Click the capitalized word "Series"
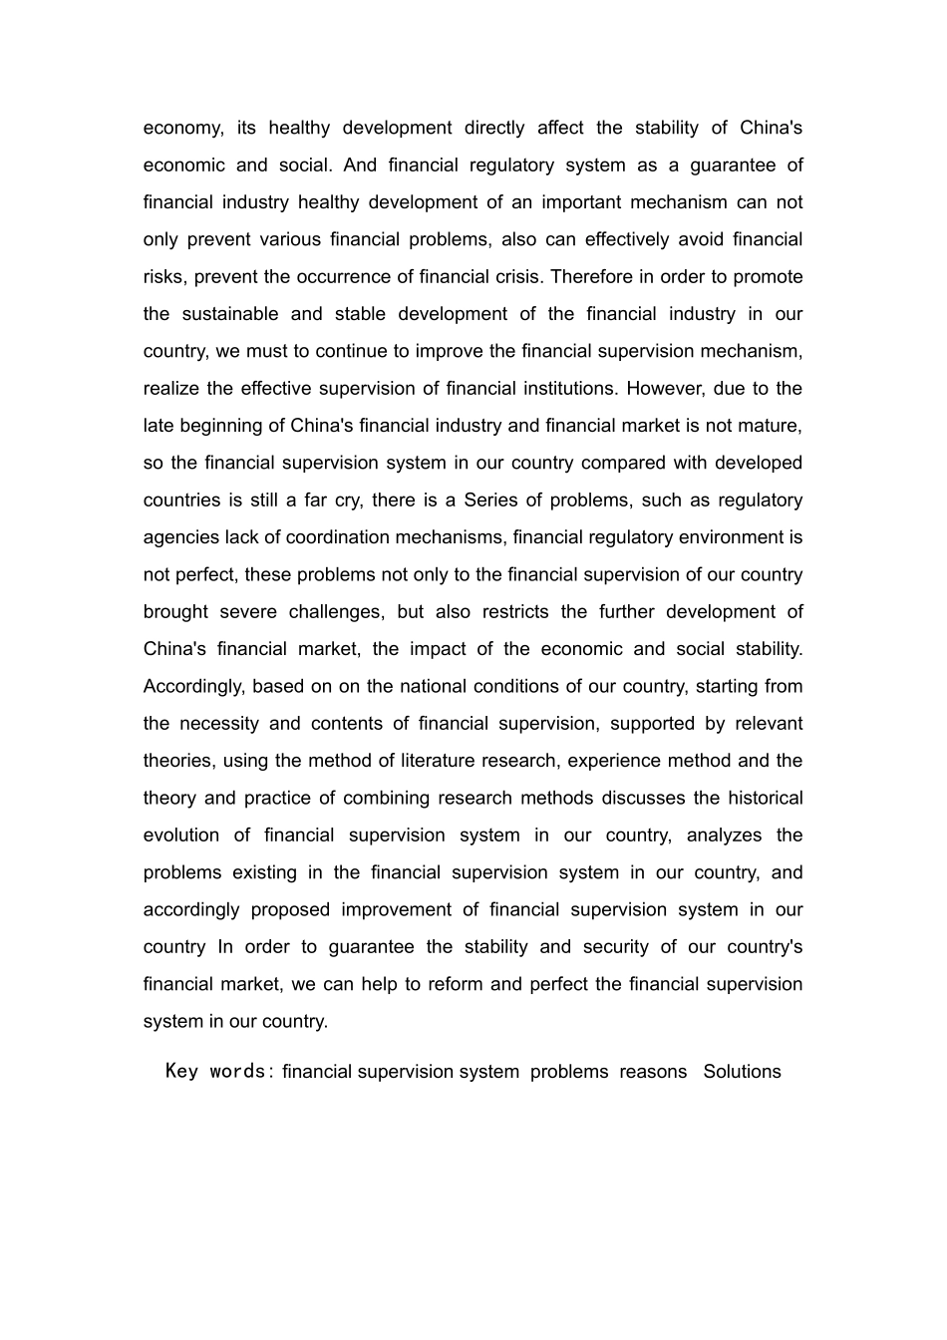pos(489,501)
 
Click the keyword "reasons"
pos(653,1072)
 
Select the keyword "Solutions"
pos(742,1072)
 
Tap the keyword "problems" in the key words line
pos(569,1072)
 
